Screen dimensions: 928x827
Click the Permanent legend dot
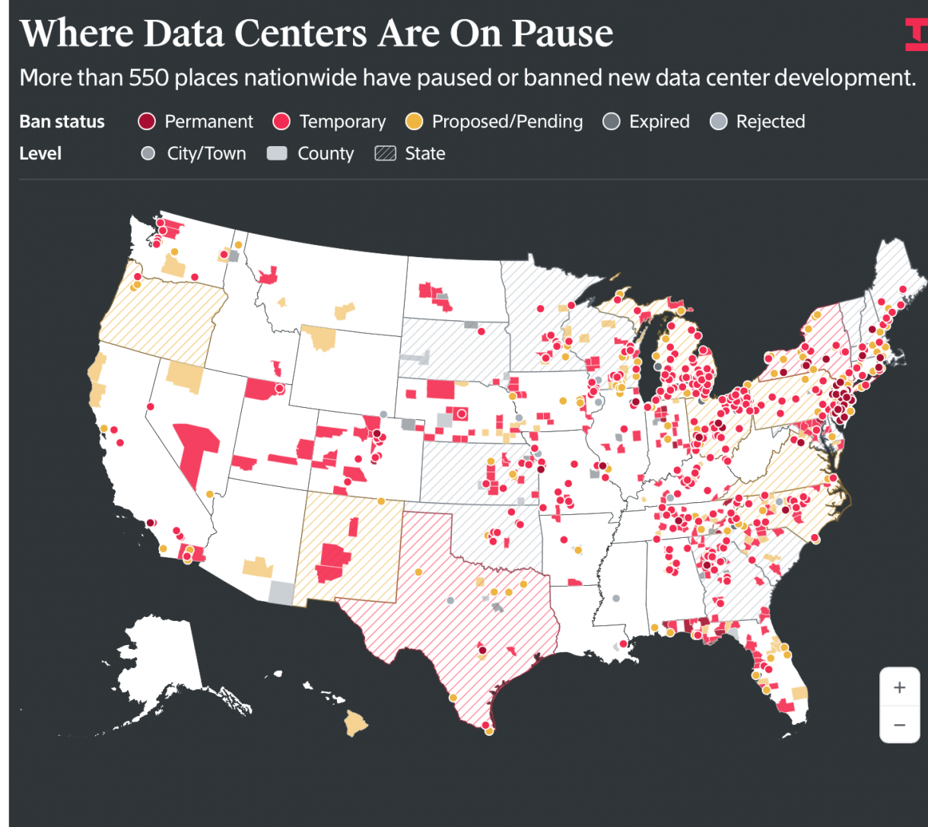(x=147, y=122)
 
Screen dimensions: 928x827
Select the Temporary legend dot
(x=281, y=122)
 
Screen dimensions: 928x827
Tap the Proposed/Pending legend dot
(x=414, y=122)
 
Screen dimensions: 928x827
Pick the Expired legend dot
(x=612, y=122)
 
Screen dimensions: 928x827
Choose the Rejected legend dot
(x=719, y=122)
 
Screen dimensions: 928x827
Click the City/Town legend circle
(x=148, y=154)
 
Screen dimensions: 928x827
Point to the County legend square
(x=277, y=154)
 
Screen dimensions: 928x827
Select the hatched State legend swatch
(x=385, y=154)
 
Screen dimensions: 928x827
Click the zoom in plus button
(x=900, y=687)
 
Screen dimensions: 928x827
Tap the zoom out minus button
(x=900, y=725)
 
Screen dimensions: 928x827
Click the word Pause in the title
(x=562, y=33)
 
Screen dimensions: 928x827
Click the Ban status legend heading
(x=62, y=122)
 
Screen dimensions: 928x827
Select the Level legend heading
(x=40, y=154)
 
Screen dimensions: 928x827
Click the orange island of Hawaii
(x=355, y=723)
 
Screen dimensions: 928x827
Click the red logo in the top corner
(x=917, y=34)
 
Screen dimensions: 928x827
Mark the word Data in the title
(x=184, y=33)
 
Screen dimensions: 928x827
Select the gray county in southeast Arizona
(x=281, y=593)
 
